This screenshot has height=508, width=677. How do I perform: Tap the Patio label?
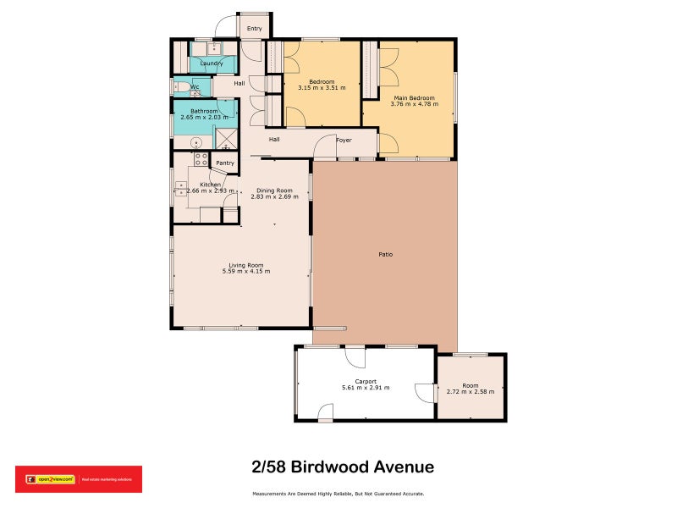[385, 254]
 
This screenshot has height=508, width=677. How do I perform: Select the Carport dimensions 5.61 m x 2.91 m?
[365, 388]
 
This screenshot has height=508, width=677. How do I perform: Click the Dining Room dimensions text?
[274, 196]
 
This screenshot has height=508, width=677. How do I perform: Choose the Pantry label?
[225, 163]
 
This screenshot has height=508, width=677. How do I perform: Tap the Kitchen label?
[210, 184]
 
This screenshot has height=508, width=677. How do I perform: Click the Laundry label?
[212, 63]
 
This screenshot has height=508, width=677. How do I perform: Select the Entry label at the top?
[254, 29]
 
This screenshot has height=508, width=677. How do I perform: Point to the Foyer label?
[344, 140]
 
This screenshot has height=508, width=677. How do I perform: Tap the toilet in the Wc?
[179, 86]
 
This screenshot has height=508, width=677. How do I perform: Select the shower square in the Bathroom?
[226, 138]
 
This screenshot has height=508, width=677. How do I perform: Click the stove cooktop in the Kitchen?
[201, 159]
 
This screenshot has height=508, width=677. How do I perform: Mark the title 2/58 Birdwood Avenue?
[343, 467]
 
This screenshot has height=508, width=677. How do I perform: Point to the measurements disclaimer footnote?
[338, 494]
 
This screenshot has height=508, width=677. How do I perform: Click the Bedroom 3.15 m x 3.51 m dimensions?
[322, 86]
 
